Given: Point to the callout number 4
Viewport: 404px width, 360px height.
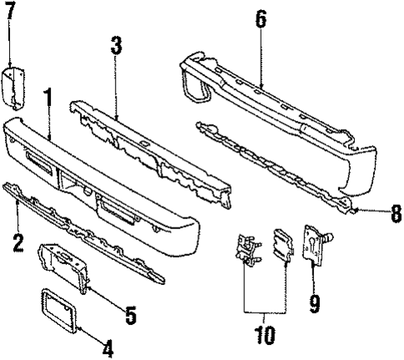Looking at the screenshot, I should pos(107,347).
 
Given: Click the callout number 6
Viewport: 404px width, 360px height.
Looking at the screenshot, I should pos(261,19).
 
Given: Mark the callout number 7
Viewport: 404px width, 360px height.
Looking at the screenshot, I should pos(11,14).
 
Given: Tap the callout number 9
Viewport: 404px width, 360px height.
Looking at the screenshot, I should pos(314,305).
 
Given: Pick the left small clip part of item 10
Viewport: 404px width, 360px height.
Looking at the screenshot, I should pos(246,249).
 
